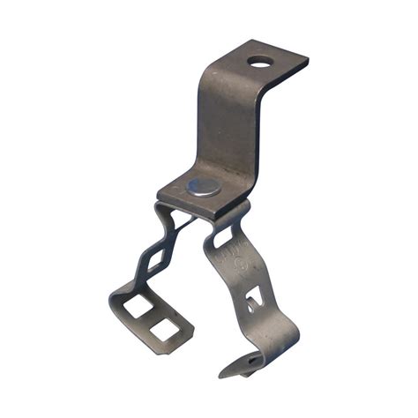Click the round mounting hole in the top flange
(260, 62)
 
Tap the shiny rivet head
(205, 186)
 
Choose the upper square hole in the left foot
(138, 306)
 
